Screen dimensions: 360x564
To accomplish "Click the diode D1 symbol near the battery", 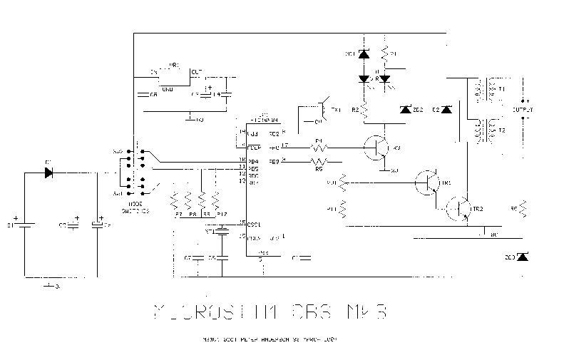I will click(x=48, y=172).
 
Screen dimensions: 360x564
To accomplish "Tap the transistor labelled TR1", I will click(x=429, y=182).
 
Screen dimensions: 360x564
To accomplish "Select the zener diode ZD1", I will click(x=364, y=54).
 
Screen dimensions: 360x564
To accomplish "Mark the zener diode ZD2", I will click(x=406, y=110).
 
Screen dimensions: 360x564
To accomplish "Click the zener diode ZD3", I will click(x=523, y=256).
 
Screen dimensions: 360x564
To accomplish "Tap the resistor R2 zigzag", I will click(x=364, y=110).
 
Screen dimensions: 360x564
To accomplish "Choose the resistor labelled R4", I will click(x=319, y=148).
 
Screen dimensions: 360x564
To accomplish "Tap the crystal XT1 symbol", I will click(x=222, y=232).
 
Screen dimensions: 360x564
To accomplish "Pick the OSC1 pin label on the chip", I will click(x=254, y=224).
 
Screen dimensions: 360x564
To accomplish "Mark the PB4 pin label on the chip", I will click(x=253, y=161).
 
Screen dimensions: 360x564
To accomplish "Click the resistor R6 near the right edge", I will click(x=523, y=208).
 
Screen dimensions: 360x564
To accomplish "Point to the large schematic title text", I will click(x=272, y=312).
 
